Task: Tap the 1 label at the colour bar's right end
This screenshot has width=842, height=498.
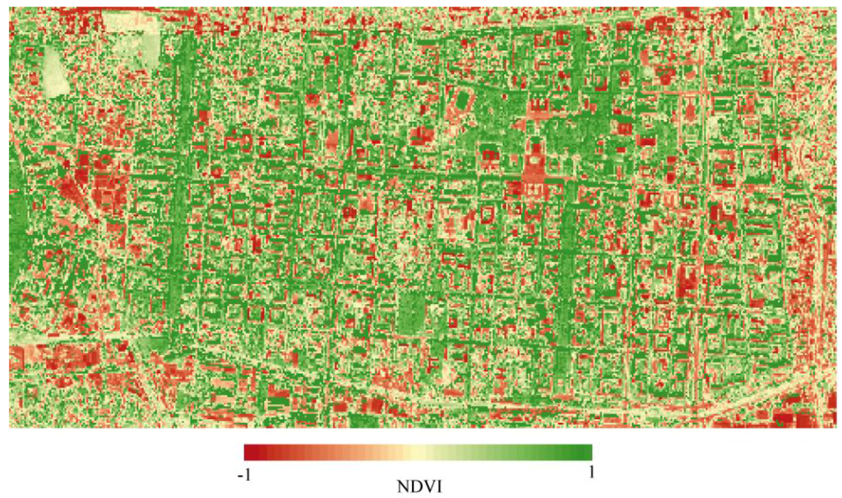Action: pos(590,472)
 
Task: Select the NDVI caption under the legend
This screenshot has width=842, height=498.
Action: pos(419,486)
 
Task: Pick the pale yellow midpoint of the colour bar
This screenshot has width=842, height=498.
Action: pos(419,452)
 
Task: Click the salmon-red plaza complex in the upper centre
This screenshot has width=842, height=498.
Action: pos(533,173)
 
